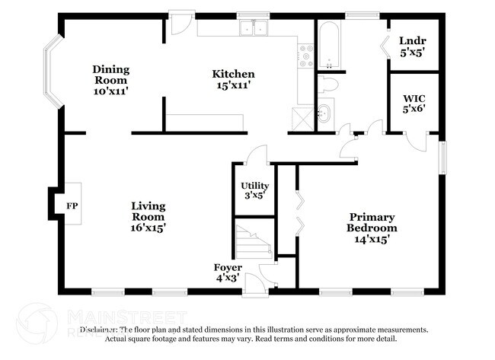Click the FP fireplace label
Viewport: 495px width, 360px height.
(72, 206)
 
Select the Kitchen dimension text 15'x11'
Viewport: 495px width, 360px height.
(233, 85)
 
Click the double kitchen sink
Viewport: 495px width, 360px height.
(253, 28)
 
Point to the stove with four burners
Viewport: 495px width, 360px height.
(306, 55)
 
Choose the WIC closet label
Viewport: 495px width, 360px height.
(414, 97)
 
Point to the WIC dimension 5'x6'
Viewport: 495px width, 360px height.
(414, 108)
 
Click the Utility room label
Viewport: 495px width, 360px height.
(254, 186)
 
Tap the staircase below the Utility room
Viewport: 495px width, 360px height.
(254, 240)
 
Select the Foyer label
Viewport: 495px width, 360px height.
(228, 268)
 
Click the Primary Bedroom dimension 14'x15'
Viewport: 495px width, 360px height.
(372, 238)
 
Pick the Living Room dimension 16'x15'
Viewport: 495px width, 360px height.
(148, 227)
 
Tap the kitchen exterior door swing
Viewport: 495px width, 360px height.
(177, 25)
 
